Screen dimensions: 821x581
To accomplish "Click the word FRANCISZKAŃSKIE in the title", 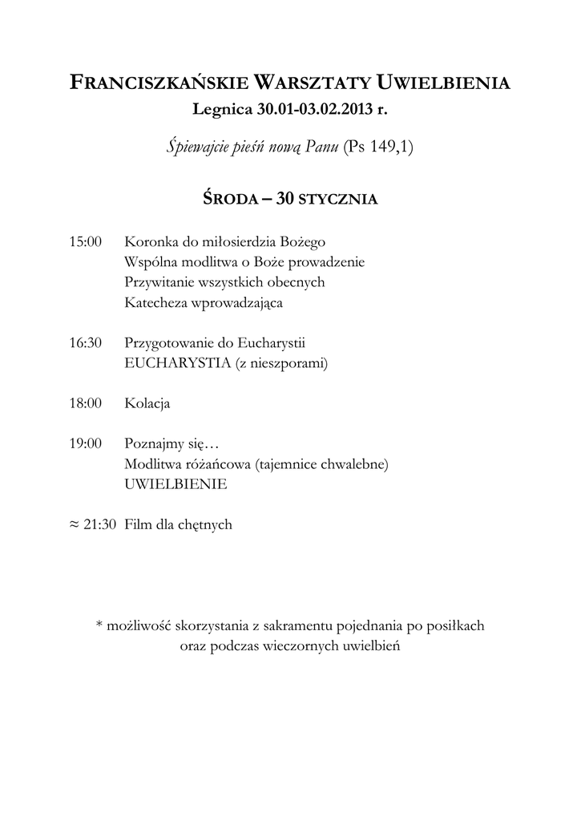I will point(159,83).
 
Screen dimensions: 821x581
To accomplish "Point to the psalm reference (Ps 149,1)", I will point(377,148).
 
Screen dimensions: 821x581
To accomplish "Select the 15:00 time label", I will point(86,241).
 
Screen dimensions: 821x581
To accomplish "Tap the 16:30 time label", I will point(86,343).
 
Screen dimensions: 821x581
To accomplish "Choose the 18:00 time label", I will point(86,404).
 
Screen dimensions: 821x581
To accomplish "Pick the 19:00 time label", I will point(86,443).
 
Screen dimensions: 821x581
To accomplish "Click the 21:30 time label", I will point(100,525).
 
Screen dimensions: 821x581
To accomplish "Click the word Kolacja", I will point(147,404).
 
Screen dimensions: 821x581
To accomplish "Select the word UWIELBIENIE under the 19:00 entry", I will point(176,484).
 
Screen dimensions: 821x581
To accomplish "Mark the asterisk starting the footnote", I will point(99,625).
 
